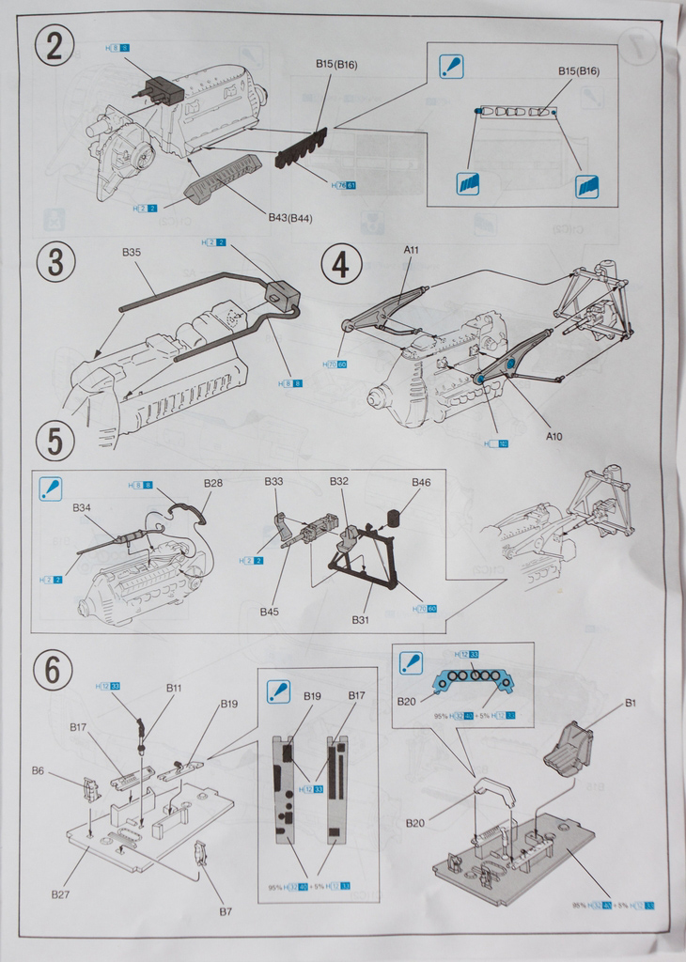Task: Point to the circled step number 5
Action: [x=55, y=441]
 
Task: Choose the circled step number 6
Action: [x=53, y=670]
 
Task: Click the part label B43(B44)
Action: [x=290, y=218]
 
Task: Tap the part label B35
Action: [x=132, y=253]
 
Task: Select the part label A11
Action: [x=412, y=250]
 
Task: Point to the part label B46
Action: [x=421, y=483]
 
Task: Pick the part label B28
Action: [x=213, y=483]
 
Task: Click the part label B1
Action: [x=631, y=703]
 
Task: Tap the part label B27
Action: [x=60, y=894]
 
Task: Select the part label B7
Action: [x=226, y=911]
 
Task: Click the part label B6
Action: [x=38, y=770]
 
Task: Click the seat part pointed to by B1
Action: [x=569, y=749]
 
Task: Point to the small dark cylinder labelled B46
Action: [x=395, y=518]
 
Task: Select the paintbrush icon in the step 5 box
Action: [x=50, y=489]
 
